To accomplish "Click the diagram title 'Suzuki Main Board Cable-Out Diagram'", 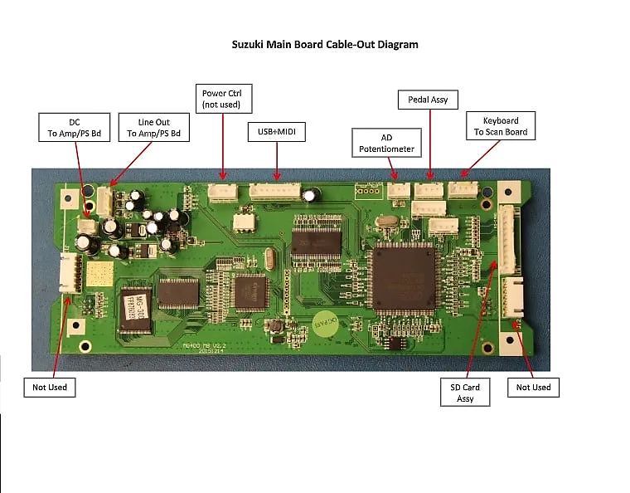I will [x=324, y=44].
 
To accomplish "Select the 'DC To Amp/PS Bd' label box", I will [x=74, y=128].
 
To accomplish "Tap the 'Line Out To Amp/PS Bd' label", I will [x=153, y=128].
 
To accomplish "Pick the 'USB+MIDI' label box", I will [x=276, y=132].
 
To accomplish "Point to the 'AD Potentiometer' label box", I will [x=386, y=143].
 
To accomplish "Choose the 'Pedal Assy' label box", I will [x=428, y=100].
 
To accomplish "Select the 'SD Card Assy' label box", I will [x=464, y=393].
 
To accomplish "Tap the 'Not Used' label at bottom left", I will [x=49, y=387].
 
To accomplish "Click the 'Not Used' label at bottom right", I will [x=533, y=387].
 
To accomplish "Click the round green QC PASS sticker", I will [x=327, y=326].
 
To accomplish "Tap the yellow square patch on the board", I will [x=99, y=276].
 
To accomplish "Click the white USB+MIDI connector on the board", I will [x=275, y=190].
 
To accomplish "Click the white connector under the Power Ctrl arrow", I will [x=222, y=193].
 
